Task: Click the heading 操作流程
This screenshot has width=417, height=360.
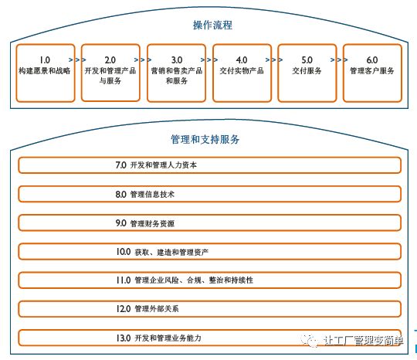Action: coord(212,25)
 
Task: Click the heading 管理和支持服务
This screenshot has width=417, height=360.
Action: coord(205,139)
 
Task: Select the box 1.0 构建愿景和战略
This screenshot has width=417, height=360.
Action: coord(46,73)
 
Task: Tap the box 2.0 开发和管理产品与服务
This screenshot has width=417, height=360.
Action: coord(110,73)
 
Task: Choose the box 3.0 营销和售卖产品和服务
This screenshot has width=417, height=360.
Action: coord(176,73)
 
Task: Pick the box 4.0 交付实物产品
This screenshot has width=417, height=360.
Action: coord(242,73)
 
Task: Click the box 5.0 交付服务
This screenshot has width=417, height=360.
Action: coord(307,73)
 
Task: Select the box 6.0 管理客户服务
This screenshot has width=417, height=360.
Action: coord(372,73)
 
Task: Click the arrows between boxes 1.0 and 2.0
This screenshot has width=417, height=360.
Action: coord(77,59)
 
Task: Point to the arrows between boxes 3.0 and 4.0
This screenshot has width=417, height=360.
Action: coord(209,59)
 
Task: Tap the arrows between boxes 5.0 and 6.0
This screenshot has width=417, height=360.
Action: coord(339,59)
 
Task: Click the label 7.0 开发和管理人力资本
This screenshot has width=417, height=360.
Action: coord(156,165)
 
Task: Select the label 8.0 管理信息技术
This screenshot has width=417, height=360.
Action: coord(145,194)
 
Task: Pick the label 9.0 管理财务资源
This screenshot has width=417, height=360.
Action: coord(145,223)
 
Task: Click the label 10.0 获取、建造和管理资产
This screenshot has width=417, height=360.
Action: coord(162,252)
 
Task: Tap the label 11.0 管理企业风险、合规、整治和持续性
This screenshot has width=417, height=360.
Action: coord(185,280)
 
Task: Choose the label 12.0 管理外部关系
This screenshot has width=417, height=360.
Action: coord(147,309)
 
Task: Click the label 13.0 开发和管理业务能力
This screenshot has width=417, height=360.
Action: coord(158,338)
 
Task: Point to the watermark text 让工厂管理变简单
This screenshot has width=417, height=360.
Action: coord(364,341)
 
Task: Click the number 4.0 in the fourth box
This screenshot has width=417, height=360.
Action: coord(242,59)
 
